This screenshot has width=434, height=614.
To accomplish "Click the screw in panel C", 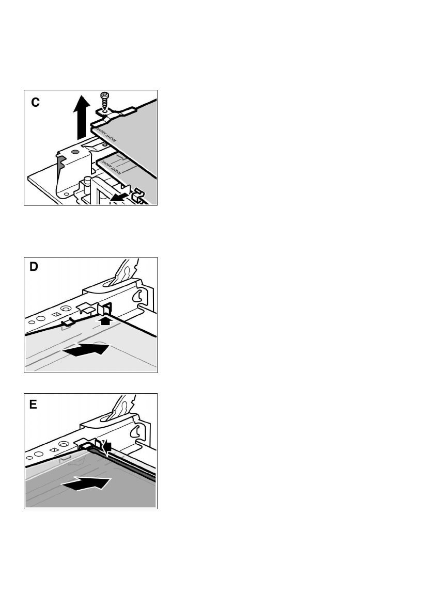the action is coord(104,100).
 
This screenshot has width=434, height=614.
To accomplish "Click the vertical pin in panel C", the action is coord(88,186).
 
